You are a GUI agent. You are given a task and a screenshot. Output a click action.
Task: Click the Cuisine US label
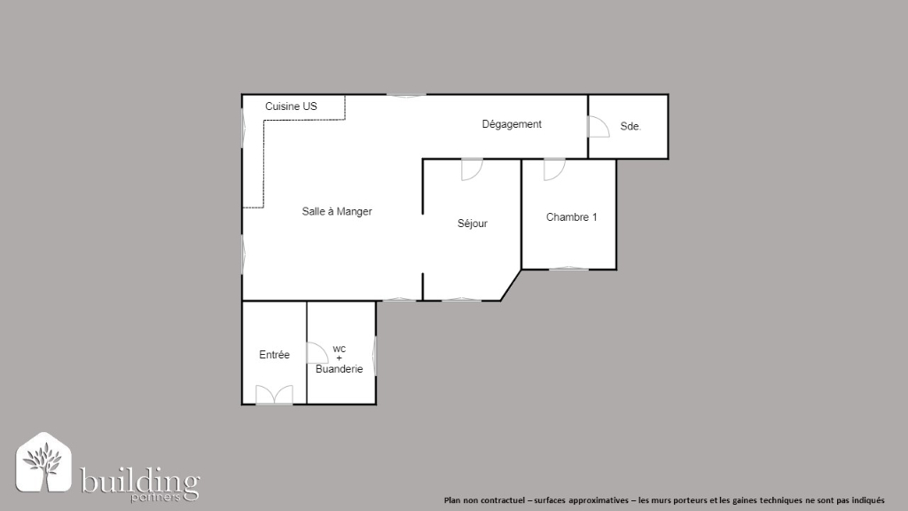tap(291, 106)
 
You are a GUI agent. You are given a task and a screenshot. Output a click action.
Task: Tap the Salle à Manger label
tap(336, 211)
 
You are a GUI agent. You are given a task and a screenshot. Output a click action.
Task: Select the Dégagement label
tap(512, 124)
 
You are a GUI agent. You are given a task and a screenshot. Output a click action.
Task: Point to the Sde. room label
tap(630, 126)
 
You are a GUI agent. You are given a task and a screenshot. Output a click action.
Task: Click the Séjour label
tap(472, 224)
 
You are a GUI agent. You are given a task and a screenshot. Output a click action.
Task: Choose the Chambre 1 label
tap(571, 217)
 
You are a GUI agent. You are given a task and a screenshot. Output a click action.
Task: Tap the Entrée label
tap(274, 355)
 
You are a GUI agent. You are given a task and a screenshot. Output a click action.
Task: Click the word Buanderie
tap(339, 369)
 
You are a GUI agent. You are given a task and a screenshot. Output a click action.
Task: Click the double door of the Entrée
tap(274, 396)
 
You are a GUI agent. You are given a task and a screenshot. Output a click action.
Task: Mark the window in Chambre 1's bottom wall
tap(568, 268)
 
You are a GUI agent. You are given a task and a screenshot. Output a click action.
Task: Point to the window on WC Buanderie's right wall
tap(375, 357)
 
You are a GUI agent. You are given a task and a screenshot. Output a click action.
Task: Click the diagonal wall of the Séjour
tap(511, 285)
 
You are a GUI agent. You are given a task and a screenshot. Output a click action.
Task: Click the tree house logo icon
tap(43, 462)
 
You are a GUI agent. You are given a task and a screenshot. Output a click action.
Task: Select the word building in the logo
tap(140, 480)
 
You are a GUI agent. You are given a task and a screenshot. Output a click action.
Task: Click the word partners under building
tap(156, 497)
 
